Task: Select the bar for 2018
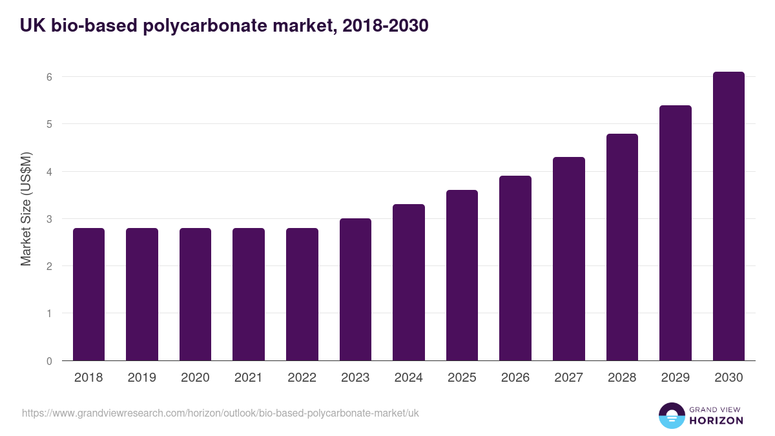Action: (x=88, y=294)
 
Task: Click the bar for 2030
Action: (x=728, y=216)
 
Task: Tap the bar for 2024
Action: (x=409, y=282)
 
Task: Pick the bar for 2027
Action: (x=569, y=258)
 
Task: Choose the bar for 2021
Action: (x=249, y=294)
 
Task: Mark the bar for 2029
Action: (x=676, y=233)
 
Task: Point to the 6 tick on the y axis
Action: (x=48, y=77)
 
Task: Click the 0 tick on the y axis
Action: (x=48, y=361)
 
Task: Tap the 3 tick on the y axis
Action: (x=48, y=219)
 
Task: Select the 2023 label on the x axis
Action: (x=355, y=378)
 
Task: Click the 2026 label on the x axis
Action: (x=515, y=378)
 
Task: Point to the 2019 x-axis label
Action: (x=142, y=378)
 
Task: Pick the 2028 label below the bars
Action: (x=622, y=378)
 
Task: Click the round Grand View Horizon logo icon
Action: (x=671, y=415)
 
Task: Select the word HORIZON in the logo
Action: (x=716, y=420)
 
